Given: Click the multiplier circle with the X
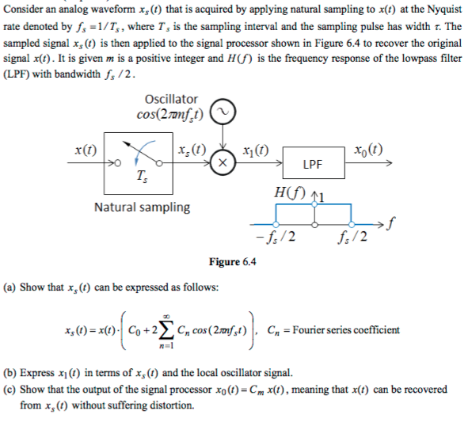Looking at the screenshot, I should click(x=223, y=164).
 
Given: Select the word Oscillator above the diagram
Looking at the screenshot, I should click(x=172, y=99).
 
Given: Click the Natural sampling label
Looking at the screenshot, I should click(x=143, y=207).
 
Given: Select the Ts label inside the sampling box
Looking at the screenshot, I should click(x=139, y=177).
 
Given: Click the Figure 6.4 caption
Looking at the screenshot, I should click(x=232, y=263).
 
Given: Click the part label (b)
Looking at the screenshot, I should click(x=11, y=372).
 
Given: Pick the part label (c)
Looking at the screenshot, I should click(x=11, y=390).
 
